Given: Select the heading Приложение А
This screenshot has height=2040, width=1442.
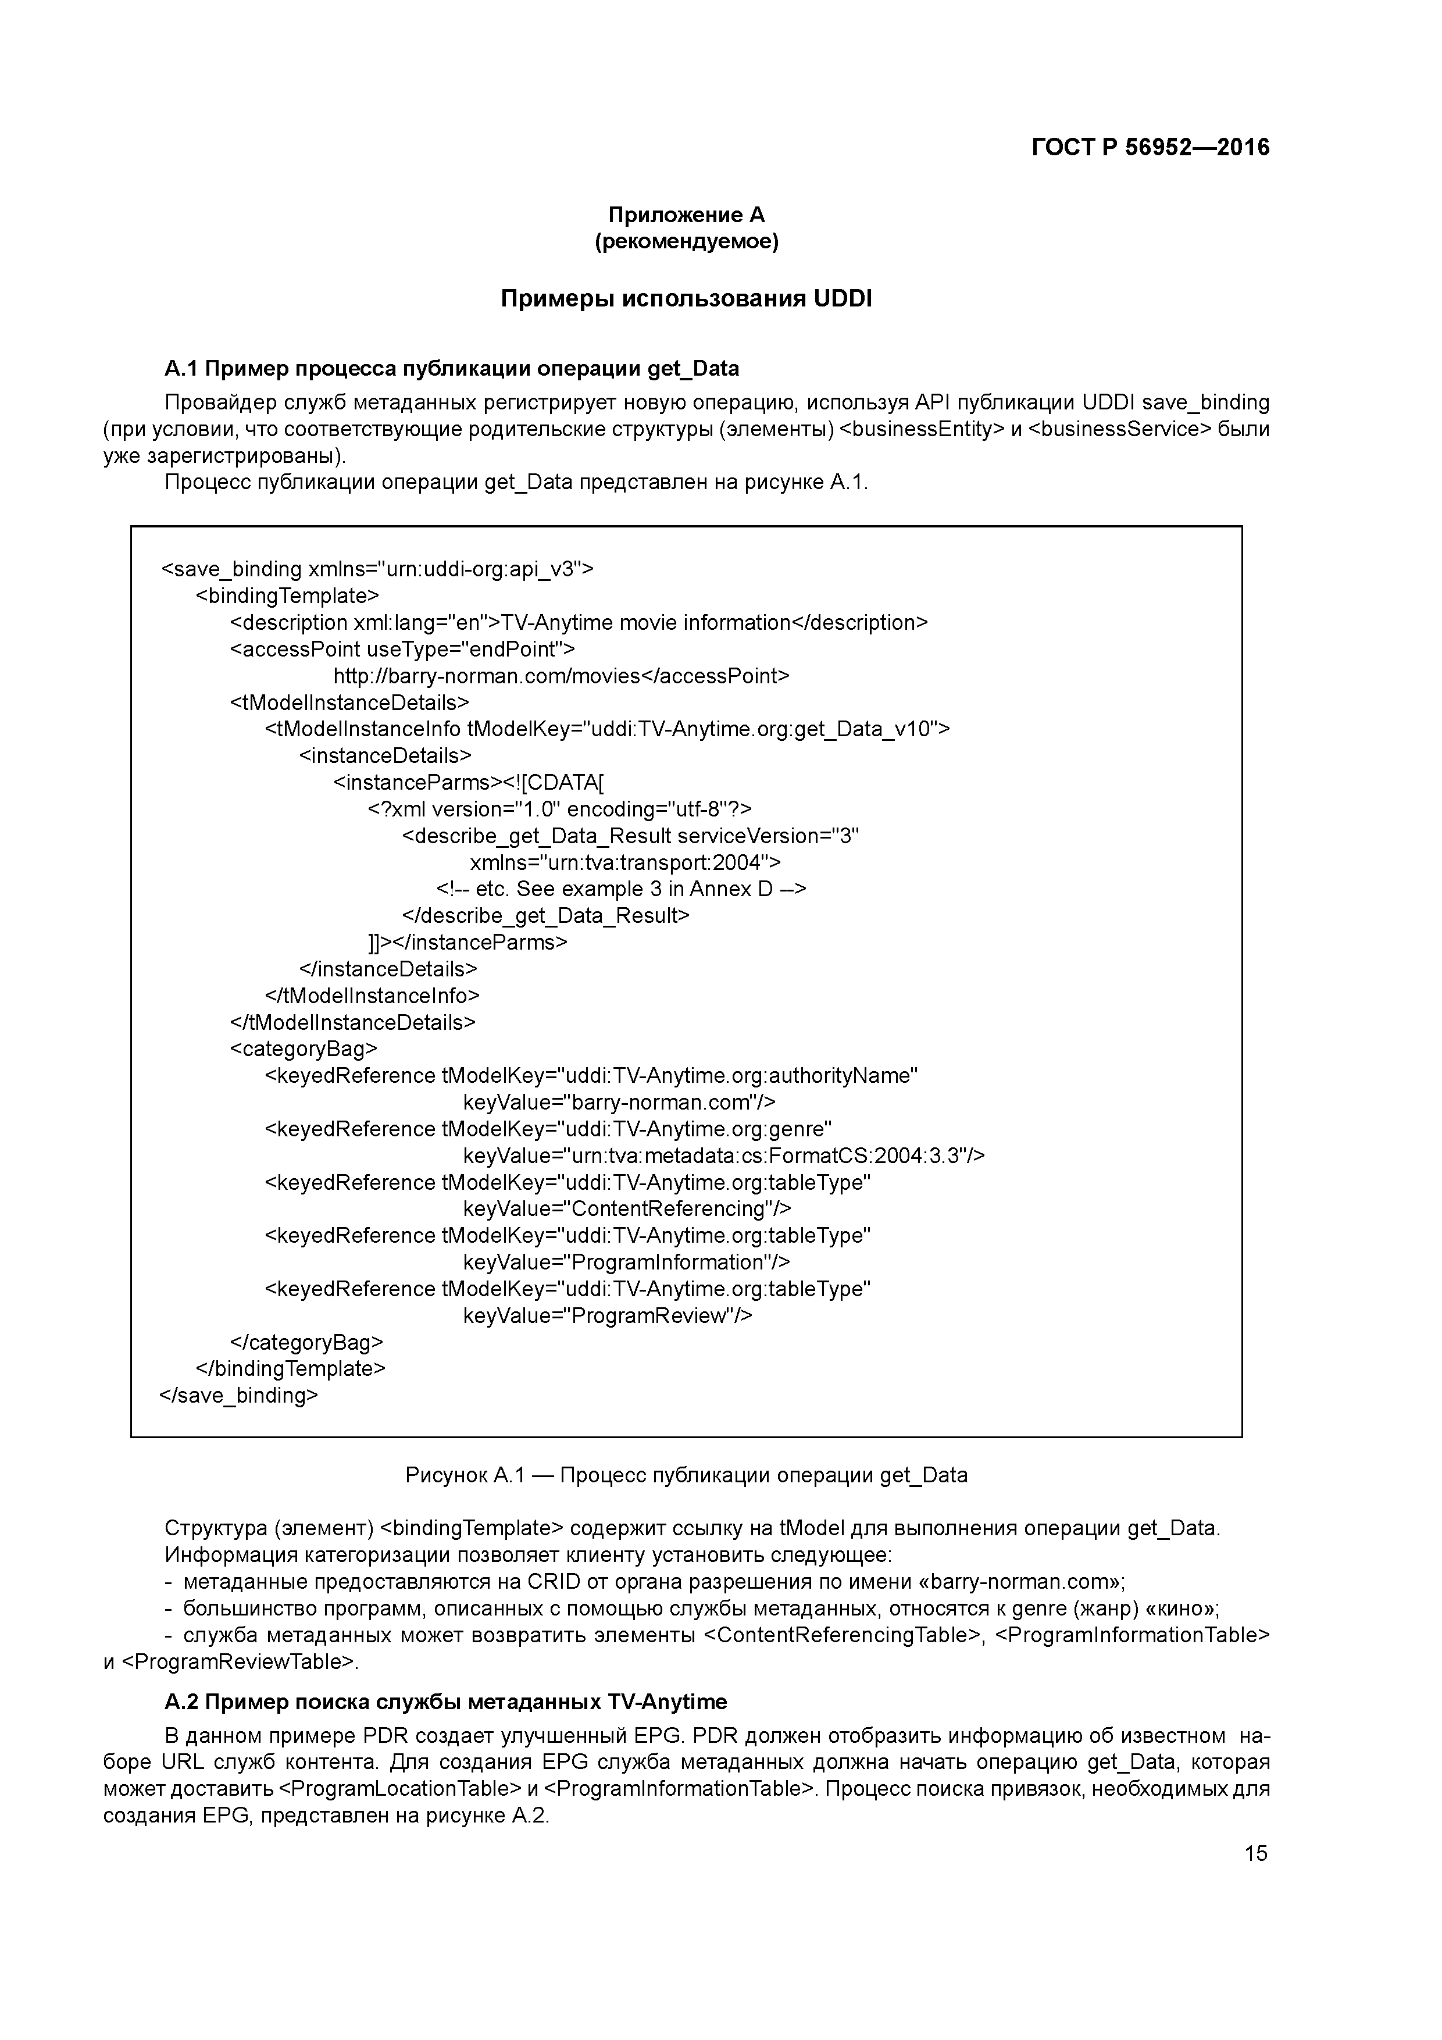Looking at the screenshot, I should click(686, 215).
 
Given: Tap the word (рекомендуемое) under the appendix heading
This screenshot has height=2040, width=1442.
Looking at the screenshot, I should click(686, 242).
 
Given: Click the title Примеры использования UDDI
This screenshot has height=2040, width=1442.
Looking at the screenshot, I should click(686, 298).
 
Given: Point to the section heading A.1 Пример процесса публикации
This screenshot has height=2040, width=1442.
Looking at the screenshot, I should click(451, 368).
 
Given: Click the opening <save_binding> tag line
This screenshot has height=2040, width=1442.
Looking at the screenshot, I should click(377, 569).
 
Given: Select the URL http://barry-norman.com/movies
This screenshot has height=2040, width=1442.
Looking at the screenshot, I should click(487, 676).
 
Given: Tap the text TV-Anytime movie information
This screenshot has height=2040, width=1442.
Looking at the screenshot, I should click(646, 623).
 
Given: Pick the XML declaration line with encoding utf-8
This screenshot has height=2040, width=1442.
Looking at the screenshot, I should click(560, 809).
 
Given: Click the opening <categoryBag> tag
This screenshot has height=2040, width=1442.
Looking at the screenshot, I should click(304, 1049).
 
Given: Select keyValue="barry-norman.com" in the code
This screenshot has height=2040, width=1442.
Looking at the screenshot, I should click(619, 1103).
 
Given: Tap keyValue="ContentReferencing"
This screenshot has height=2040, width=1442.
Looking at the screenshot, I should click(626, 1209).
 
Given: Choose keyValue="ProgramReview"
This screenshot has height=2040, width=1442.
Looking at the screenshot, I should click(608, 1316).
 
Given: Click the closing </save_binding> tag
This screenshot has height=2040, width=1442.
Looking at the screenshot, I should click(238, 1396).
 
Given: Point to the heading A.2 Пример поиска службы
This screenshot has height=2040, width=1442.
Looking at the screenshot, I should click(445, 1702).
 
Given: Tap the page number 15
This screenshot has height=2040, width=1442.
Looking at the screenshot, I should click(1255, 1853).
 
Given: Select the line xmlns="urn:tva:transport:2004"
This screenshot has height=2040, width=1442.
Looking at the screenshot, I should click(624, 863).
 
